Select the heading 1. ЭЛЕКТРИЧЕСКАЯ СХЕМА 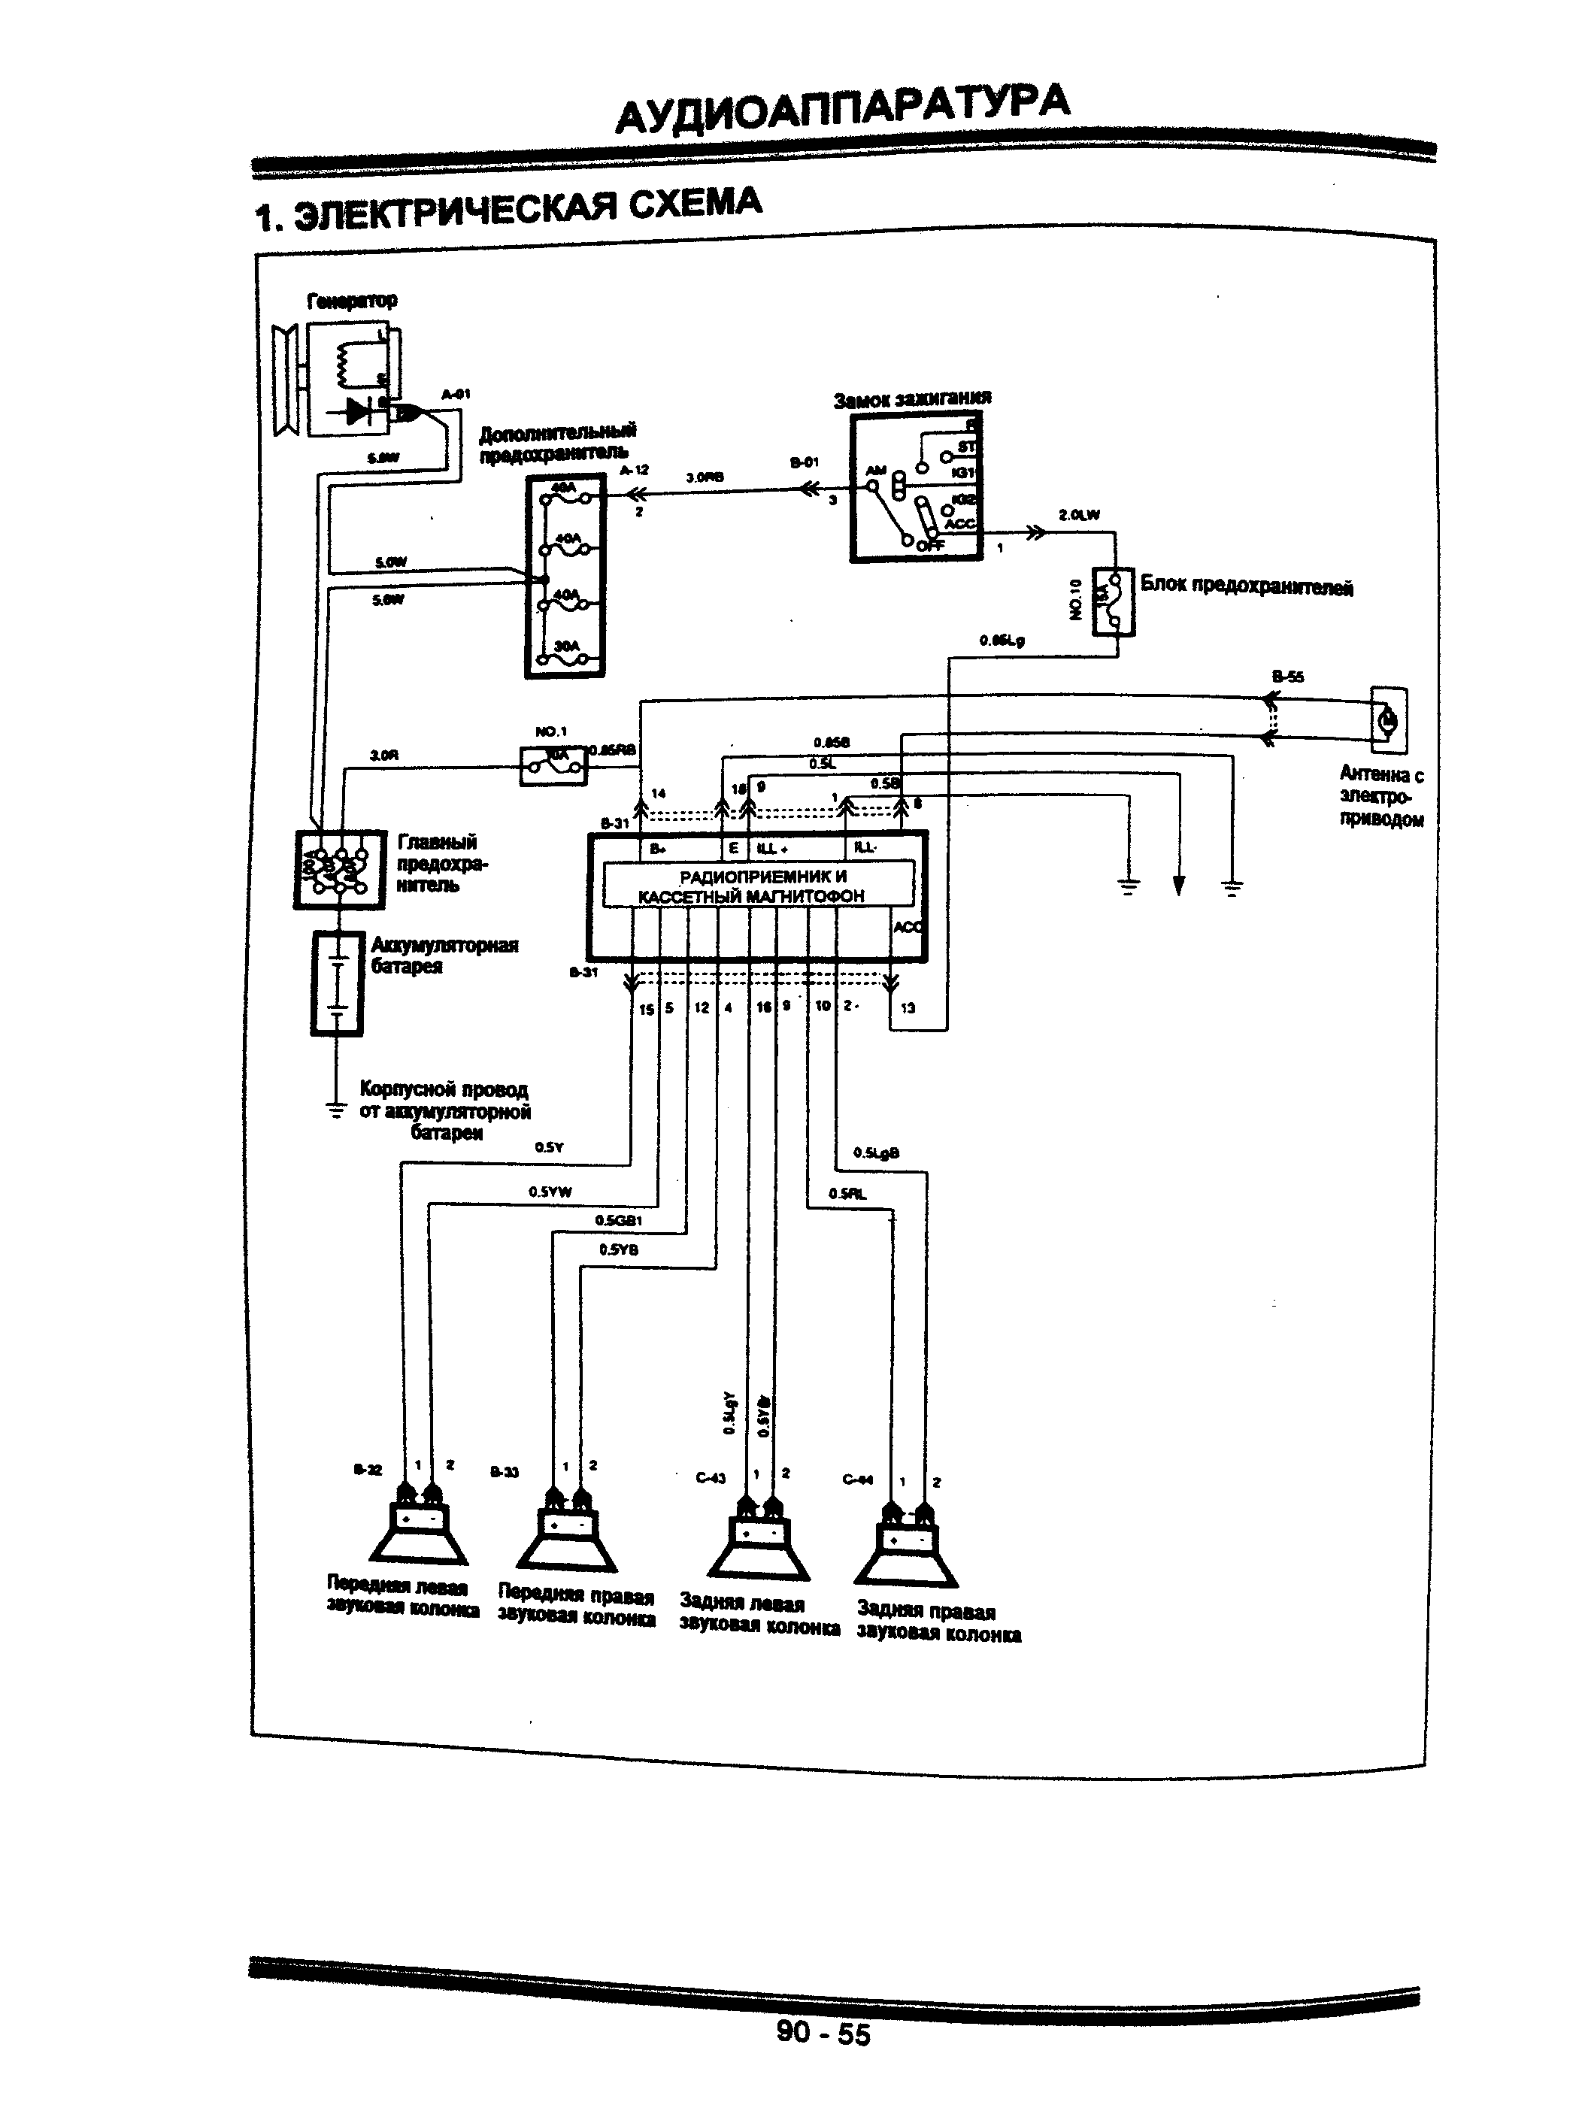point(508,210)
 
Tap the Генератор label point(351,301)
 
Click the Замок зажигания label point(911,399)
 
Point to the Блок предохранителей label point(1247,586)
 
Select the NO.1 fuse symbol point(553,765)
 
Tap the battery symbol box point(337,983)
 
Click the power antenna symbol point(1388,719)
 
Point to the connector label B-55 point(1287,677)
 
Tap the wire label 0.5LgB point(876,1153)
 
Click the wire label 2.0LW point(1079,515)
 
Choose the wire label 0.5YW point(550,1192)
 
